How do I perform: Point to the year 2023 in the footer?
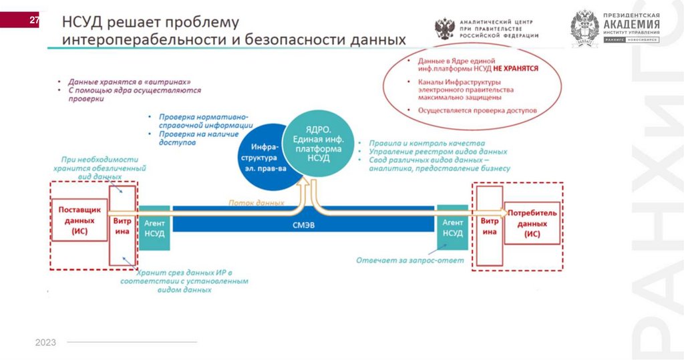(x=45, y=343)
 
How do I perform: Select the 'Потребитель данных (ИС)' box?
(x=532, y=224)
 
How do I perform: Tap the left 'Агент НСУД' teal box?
(x=154, y=228)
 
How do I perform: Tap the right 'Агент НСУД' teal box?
(x=452, y=228)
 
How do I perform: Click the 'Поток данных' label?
(x=256, y=202)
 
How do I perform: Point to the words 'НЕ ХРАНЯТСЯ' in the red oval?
(x=516, y=68)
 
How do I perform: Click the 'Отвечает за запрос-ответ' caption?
(x=409, y=260)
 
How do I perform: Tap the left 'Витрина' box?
(x=122, y=226)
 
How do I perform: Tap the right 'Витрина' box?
(x=490, y=226)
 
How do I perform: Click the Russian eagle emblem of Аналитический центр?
(x=445, y=28)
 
